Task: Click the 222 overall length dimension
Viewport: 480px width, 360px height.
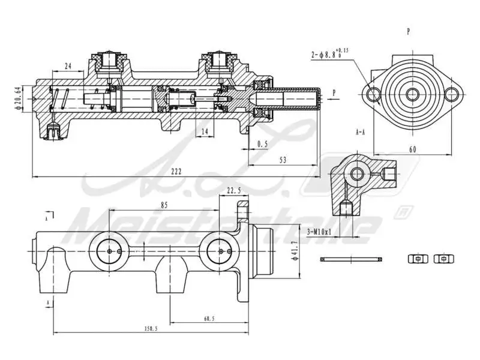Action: pos(176,172)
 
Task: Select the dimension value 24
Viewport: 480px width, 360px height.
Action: pos(68,67)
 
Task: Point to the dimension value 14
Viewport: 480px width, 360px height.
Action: pos(204,131)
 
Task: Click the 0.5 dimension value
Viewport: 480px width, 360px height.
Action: pos(262,145)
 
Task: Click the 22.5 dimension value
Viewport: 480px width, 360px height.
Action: pos(234,191)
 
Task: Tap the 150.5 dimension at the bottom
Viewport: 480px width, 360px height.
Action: pos(151,328)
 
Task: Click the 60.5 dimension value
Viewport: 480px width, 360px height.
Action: pos(208,319)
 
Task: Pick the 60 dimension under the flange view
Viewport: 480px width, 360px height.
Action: pos(413,148)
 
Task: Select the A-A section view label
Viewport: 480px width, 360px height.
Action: pos(361,131)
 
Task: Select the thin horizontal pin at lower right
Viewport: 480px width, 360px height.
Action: pos(352,259)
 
